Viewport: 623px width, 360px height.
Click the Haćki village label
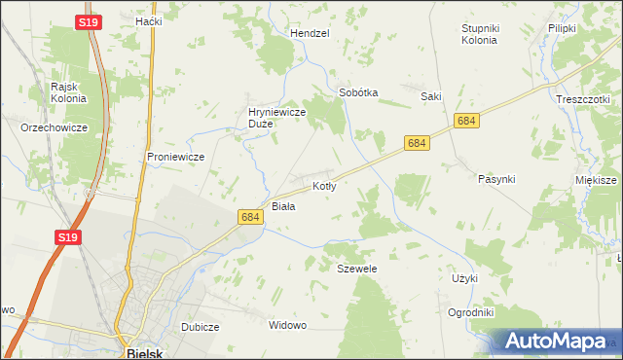(x=149, y=21)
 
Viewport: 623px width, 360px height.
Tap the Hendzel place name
(x=311, y=32)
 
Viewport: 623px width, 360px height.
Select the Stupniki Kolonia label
(x=479, y=34)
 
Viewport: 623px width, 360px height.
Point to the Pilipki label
(x=563, y=29)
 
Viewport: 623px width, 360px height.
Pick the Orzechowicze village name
(x=55, y=127)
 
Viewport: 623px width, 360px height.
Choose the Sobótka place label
(x=357, y=93)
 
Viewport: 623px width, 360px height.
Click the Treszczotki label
(x=582, y=99)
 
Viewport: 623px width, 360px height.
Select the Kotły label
(x=324, y=186)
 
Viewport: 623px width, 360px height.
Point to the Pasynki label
(x=496, y=179)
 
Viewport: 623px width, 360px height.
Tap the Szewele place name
(x=356, y=268)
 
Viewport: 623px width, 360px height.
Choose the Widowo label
(x=287, y=325)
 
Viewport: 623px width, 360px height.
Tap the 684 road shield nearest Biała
(x=250, y=218)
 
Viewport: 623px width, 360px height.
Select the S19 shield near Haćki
(x=89, y=20)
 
